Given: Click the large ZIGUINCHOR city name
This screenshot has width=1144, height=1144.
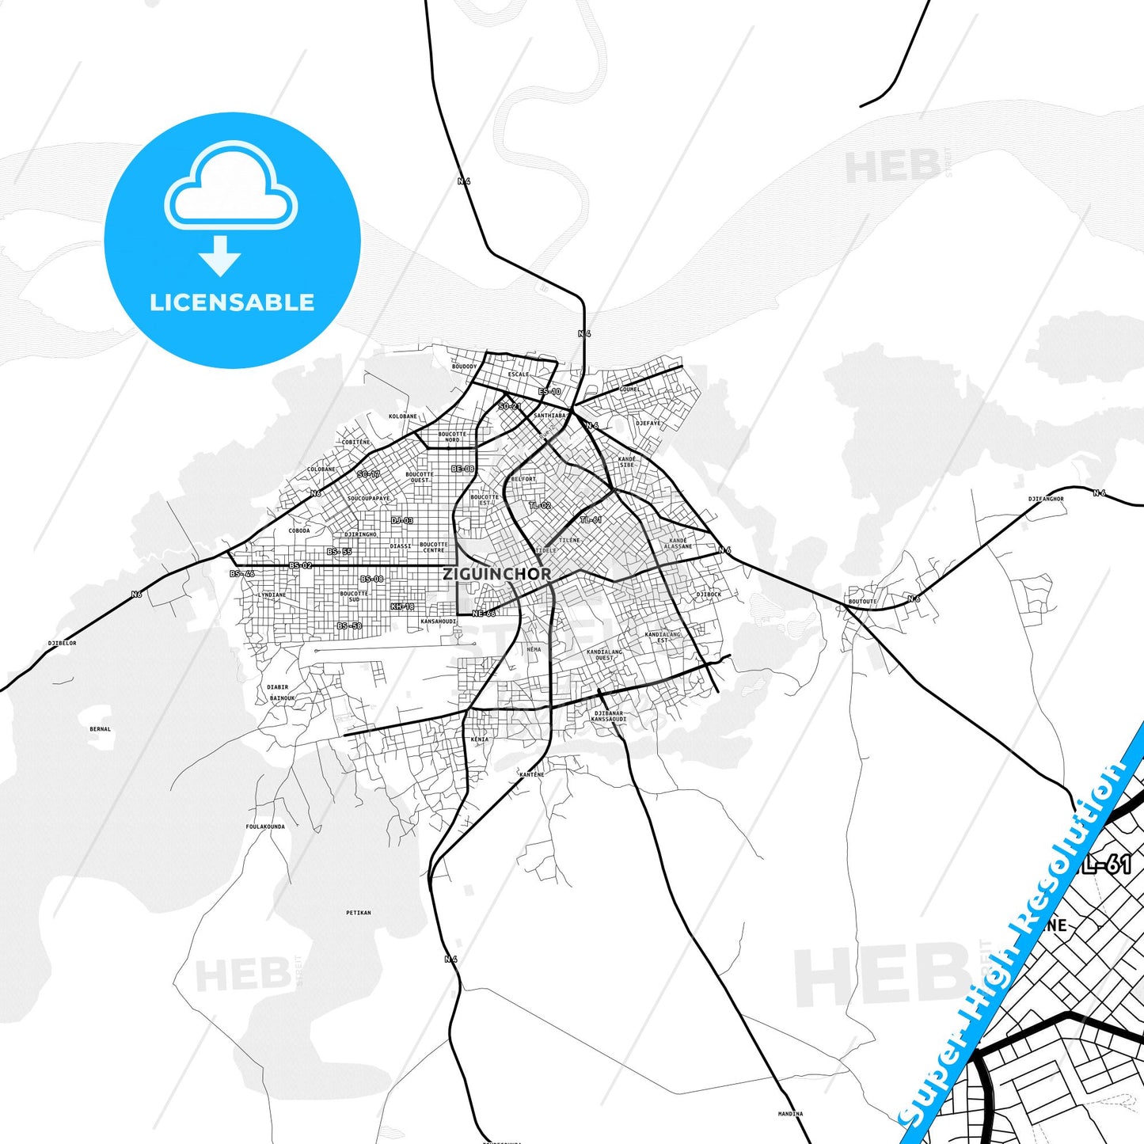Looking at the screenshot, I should (x=496, y=573).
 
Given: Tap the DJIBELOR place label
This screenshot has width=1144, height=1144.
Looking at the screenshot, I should (x=63, y=643).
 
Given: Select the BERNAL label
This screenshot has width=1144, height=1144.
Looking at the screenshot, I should (x=101, y=729).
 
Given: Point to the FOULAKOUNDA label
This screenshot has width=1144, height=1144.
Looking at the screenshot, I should (x=265, y=827).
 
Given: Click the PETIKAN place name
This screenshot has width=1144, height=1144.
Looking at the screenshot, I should (x=359, y=913).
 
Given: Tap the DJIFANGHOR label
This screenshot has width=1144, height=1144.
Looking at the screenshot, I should (x=1046, y=499).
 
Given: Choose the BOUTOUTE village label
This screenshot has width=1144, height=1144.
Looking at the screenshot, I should (x=862, y=602).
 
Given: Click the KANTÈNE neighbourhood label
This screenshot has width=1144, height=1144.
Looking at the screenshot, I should (x=532, y=774).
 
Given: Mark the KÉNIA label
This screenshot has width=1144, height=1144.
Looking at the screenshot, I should (x=480, y=739).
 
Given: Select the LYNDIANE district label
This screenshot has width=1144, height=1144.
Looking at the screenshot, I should (x=273, y=595).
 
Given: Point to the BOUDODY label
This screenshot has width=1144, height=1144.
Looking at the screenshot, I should (x=465, y=367).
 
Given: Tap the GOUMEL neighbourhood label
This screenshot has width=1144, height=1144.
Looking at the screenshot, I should (x=630, y=390).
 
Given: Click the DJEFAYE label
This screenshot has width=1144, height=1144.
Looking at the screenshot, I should (x=648, y=423).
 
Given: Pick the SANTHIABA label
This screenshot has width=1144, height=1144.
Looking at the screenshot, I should (x=550, y=416).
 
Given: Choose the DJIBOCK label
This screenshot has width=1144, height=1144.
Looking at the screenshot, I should (x=709, y=594).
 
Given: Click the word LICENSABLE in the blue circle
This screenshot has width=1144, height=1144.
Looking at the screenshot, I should (x=232, y=302).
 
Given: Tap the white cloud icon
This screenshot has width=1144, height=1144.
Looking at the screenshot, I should (x=230, y=188).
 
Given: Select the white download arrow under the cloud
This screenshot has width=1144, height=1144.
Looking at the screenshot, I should (x=220, y=255).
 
